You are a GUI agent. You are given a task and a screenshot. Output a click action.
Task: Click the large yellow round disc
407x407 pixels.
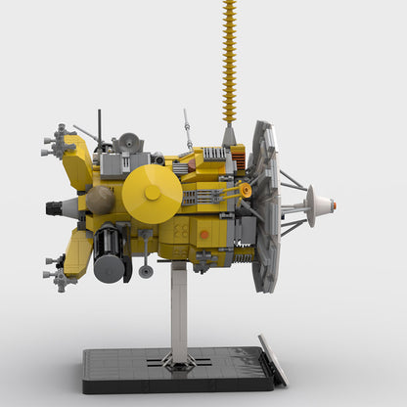click(152, 193)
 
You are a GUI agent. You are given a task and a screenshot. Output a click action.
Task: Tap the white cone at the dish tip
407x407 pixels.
click(319, 205)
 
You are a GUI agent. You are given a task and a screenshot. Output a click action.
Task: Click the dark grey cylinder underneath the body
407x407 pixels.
click(110, 256)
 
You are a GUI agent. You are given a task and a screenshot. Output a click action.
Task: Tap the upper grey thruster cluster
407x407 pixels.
click(60, 142)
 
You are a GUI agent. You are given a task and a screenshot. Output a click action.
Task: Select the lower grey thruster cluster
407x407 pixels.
click(60, 275)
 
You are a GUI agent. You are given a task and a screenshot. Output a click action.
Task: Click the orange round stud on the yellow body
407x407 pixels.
click(204, 235)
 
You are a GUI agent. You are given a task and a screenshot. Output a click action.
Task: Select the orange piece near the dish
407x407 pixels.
click(246, 190)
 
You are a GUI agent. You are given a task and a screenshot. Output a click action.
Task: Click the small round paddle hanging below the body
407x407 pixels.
click(146, 271)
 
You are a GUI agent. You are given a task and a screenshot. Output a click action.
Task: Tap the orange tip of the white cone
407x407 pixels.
click(334, 205)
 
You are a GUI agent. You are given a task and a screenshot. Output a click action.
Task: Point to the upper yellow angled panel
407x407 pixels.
click(79, 162)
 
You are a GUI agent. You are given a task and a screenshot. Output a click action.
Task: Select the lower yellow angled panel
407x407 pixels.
click(79, 253)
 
